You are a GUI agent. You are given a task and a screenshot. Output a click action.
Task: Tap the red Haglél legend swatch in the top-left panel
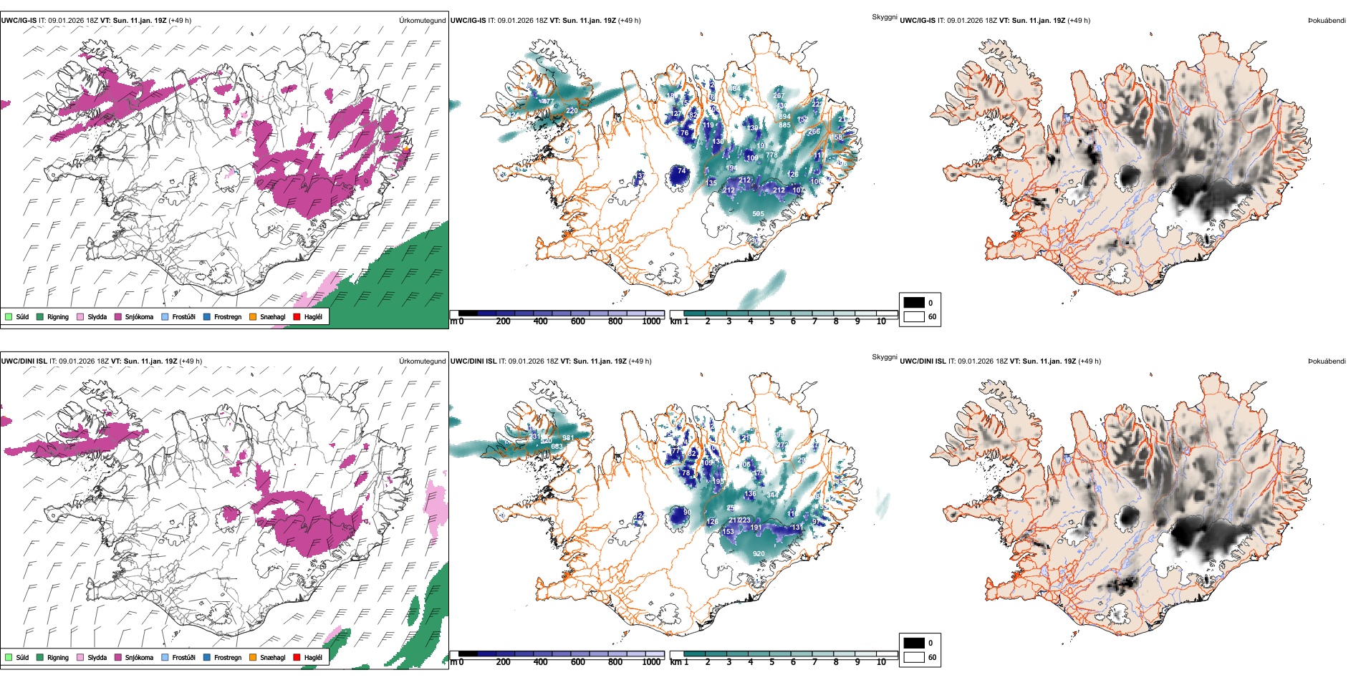pos(297,316)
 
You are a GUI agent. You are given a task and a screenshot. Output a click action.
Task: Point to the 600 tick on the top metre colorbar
pos(578,321)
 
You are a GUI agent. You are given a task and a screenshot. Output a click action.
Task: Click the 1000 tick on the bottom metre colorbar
pos(651,662)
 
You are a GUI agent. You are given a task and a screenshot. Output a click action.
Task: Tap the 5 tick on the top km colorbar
pos(772,321)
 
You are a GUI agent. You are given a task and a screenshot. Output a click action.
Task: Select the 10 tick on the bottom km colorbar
pos(881,662)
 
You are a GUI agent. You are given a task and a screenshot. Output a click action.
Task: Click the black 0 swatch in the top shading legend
pos(914,302)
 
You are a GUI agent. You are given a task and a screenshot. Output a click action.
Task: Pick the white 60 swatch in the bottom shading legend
pos(914,657)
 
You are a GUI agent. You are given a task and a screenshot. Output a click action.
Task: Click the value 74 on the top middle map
pos(681,172)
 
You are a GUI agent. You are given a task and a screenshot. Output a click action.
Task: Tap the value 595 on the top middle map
pos(758,213)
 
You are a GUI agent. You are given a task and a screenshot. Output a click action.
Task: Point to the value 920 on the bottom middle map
pos(759,553)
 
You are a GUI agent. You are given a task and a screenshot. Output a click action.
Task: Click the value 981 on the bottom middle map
pos(568,438)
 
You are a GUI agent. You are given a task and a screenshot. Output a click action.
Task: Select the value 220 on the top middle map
pos(572,111)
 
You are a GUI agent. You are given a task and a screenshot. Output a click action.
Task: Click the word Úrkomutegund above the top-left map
pos(422,21)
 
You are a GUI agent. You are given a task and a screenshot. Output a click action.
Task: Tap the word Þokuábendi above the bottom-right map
pos(1327,361)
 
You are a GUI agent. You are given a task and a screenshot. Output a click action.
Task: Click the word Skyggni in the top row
pos(884,17)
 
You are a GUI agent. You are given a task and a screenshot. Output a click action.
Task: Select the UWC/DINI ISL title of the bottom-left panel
pos(24,361)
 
